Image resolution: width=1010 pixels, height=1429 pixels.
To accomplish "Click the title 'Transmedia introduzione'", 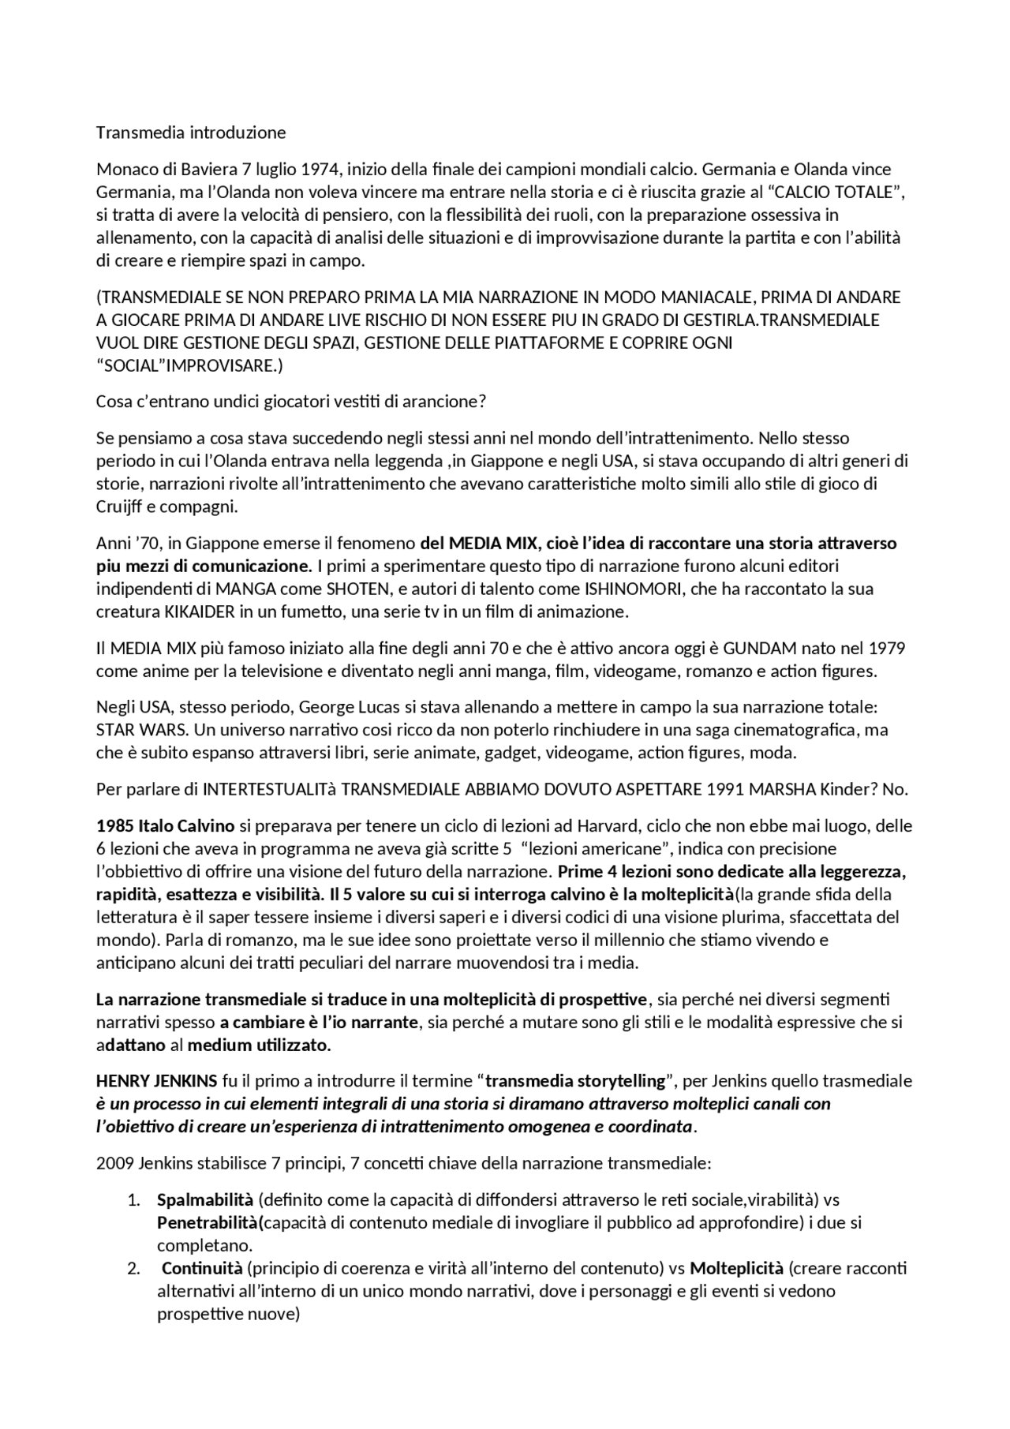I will [190, 133].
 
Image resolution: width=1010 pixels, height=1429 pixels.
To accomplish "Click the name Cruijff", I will [120, 507].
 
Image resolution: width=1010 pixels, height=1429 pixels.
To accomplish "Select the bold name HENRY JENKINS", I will [155, 1080].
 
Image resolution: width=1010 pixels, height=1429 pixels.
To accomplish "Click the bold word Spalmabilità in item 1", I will [204, 1200].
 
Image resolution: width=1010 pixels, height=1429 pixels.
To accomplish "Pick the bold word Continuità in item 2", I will [202, 1269].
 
